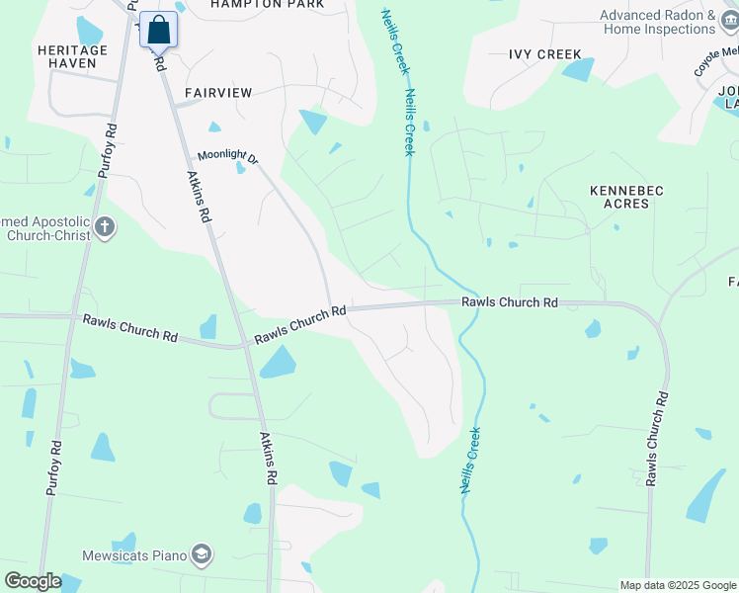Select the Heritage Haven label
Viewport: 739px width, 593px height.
click(x=67, y=56)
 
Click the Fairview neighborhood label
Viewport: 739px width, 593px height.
click(x=218, y=92)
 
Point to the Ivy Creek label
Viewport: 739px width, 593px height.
click(x=544, y=54)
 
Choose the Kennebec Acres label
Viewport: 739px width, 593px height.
click(x=619, y=196)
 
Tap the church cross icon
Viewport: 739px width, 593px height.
click(x=106, y=228)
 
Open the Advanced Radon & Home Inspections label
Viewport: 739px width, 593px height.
click(x=658, y=23)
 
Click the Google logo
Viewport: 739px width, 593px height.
click(x=33, y=581)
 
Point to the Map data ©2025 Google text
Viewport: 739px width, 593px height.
click(x=677, y=585)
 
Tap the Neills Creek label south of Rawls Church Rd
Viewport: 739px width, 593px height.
click(x=468, y=461)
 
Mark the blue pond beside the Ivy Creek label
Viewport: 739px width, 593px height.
click(x=579, y=69)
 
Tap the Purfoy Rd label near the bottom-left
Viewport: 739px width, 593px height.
click(x=54, y=468)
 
